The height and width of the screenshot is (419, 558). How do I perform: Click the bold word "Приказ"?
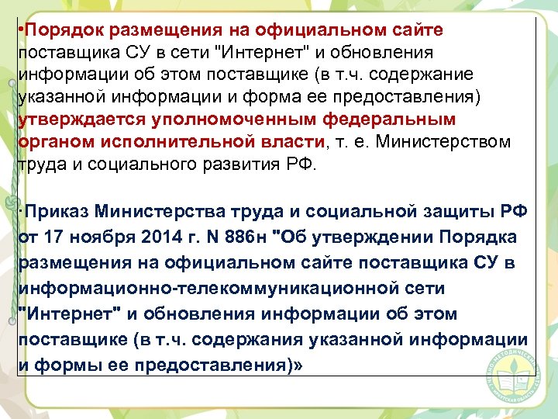pos(54,212)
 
